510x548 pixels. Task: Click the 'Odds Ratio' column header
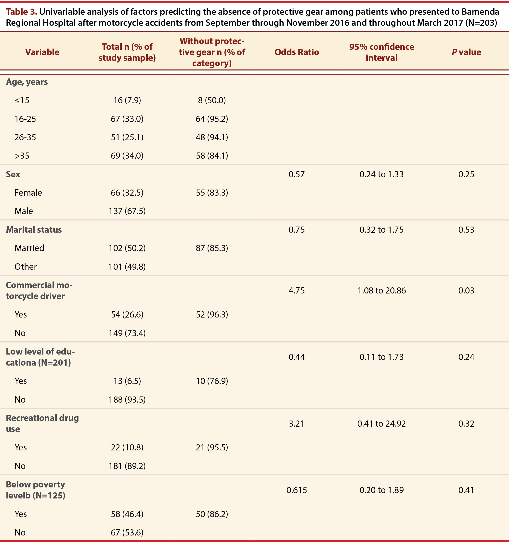coord(297,52)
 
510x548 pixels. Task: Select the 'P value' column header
coord(466,52)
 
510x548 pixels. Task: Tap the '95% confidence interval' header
coord(381,52)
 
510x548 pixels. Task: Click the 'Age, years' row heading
coord(27,82)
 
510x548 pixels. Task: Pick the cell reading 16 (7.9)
coord(127,100)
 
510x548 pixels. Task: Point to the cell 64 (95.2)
coord(212,119)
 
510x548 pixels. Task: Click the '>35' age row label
coord(22,156)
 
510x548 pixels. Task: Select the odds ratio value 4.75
coord(297,291)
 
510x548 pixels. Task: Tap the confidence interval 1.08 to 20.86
coord(381,291)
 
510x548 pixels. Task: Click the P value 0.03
coord(466,291)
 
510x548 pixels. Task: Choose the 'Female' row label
coord(28,193)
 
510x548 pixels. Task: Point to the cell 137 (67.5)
coord(127,211)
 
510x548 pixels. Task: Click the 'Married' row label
coord(29,248)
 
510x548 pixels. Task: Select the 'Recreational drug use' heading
coord(42,423)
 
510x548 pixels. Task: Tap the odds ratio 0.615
coord(297,490)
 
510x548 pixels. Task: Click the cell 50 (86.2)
coord(212,514)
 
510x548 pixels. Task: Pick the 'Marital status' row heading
coord(34,229)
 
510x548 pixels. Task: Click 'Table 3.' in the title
coord(22,12)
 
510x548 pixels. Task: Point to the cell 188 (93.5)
coord(127,400)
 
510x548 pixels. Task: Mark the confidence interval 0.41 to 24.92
coord(381,424)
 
